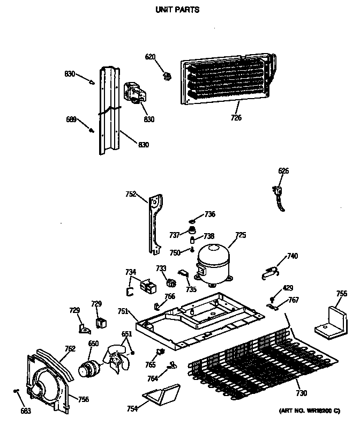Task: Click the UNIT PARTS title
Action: (x=177, y=10)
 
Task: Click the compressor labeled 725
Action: (x=213, y=263)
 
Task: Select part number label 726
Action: (x=236, y=118)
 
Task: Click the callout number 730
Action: (x=301, y=393)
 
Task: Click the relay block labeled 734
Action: (x=147, y=287)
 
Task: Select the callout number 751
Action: (x=123, y=311)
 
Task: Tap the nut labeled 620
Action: (x=167, y=76)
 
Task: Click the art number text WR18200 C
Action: (x=309, y=411)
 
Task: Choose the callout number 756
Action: (x=84, y=399)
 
